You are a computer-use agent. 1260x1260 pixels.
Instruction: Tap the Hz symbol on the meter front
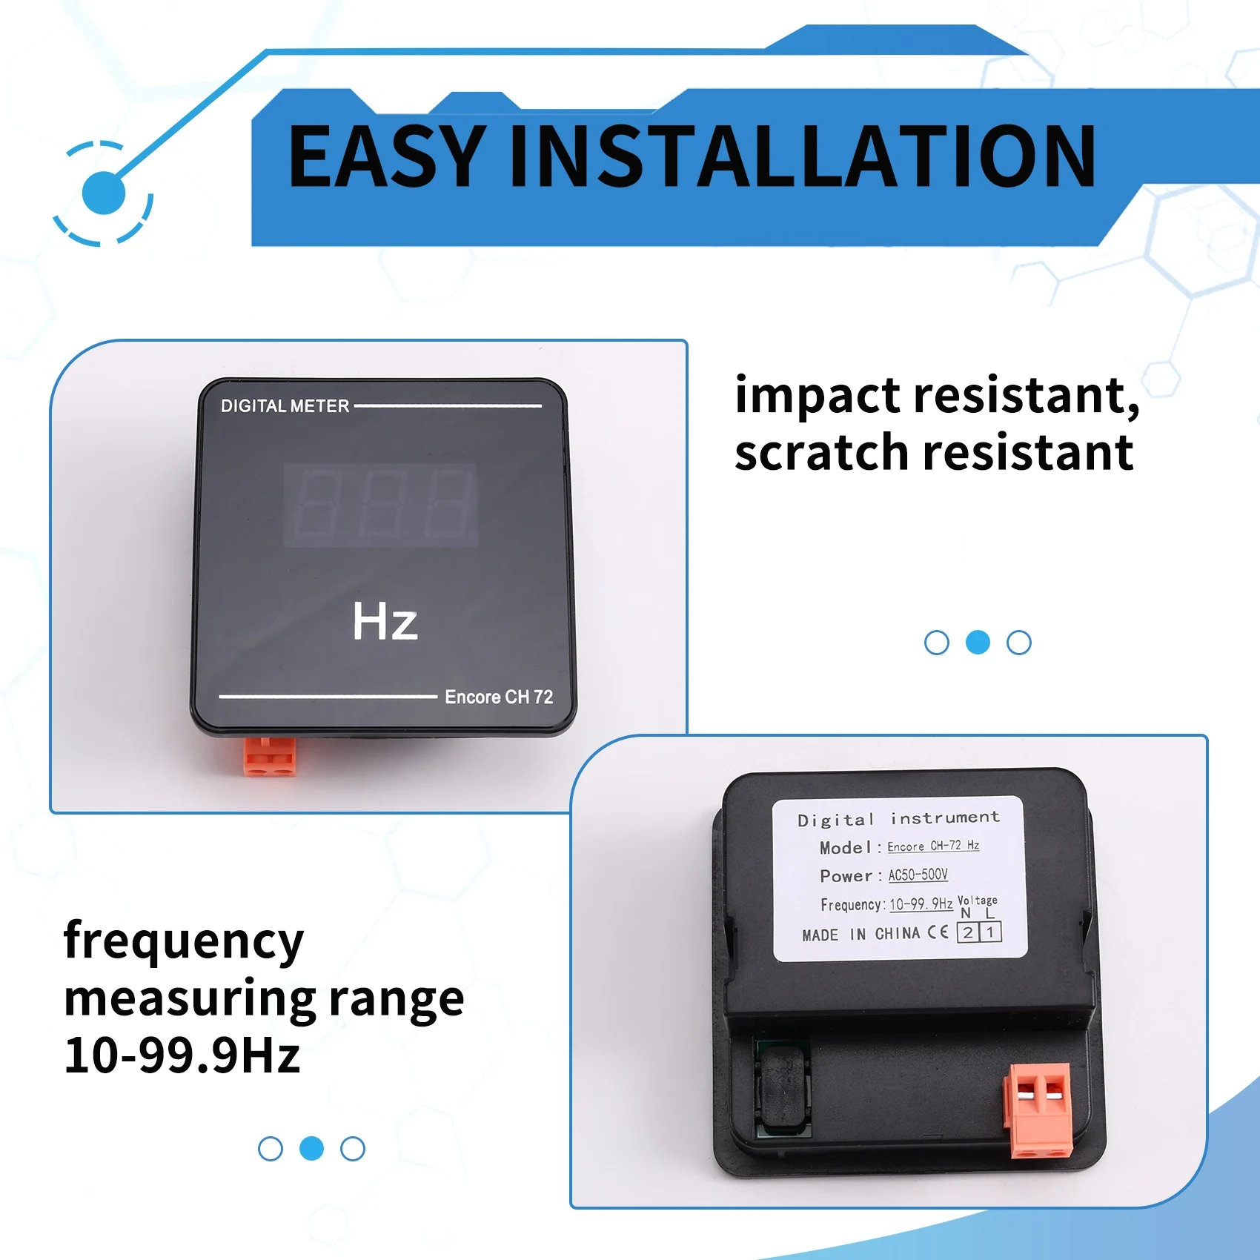[385, 621]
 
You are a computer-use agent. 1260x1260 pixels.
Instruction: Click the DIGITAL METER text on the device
[285, 406]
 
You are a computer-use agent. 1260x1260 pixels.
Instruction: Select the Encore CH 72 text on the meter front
[499, 697]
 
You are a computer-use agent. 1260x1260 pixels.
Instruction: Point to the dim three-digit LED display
[380, 505]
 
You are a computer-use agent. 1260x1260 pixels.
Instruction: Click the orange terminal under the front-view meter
[269, 757]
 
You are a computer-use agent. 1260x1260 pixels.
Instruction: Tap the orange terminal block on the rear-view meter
[1038, 1110]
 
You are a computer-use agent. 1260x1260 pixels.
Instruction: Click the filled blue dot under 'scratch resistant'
[978, 643]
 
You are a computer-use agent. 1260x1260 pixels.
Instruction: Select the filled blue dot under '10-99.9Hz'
[311, 1148]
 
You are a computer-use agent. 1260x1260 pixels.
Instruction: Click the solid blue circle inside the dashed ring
[104, 193]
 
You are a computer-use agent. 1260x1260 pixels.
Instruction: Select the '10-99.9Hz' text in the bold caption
[182, 1055]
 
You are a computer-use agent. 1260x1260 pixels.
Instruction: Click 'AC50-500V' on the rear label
[918, 875]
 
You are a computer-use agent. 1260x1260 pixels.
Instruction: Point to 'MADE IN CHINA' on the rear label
[861, 934]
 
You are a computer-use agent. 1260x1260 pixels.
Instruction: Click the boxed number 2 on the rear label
[968, 932]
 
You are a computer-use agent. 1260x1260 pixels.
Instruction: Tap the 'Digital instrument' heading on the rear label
[898, 818]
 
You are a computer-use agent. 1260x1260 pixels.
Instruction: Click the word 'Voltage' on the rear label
[978, 900]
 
